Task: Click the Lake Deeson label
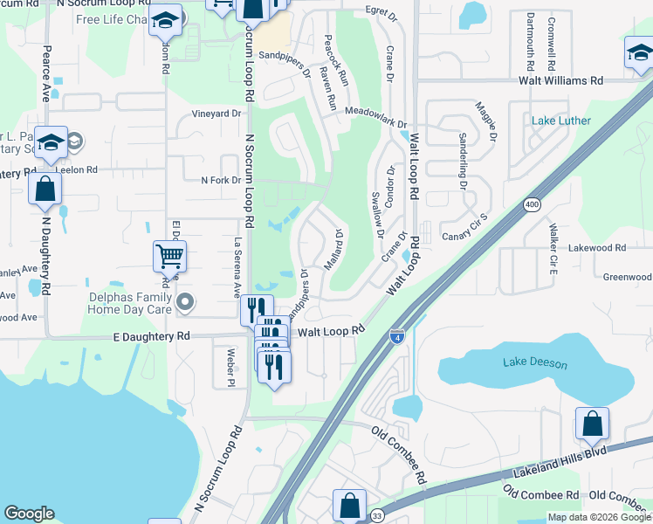coord(536,362)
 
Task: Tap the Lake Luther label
coord(561,121)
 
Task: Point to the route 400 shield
coord(531,204)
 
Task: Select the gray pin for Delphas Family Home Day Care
coord(184,302)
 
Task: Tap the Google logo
coord(29,514)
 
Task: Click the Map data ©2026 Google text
coord(599,517)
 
